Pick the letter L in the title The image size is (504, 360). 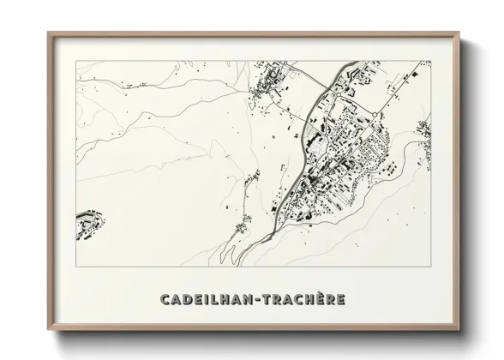220,300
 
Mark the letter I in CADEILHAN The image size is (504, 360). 213,300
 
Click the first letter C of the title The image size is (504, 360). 164,300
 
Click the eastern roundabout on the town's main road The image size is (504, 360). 376,114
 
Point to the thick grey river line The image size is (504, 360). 296,171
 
